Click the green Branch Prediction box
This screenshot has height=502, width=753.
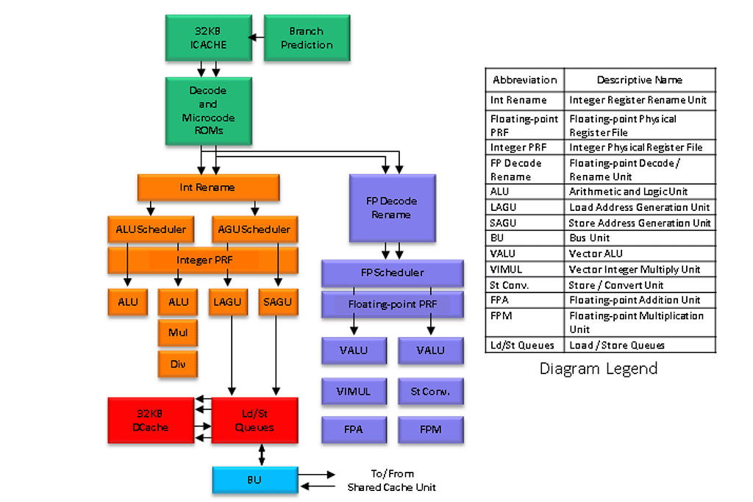pos(307,39)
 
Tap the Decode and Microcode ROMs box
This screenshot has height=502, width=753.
pos(208,110)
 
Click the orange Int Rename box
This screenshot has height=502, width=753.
pos(208,187)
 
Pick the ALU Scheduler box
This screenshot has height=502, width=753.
pos(151,229)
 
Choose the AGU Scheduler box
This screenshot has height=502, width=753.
pos(254,229)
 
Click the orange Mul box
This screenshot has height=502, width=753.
pos(178,332)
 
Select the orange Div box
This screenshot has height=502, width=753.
pos(178,363)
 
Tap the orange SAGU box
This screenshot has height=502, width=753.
pos(279,302)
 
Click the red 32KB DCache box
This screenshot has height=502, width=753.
pos(151,420)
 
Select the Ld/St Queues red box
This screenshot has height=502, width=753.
pos(254,420)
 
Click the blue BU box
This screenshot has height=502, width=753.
pos(254,480)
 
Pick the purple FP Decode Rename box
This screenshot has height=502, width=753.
pos(392,208)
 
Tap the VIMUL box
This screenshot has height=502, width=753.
pos(354,391)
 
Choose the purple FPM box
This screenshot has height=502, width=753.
pos(431,429)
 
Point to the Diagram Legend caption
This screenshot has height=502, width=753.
pos(598,369)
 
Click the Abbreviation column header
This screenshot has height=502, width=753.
pos(525,80)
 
